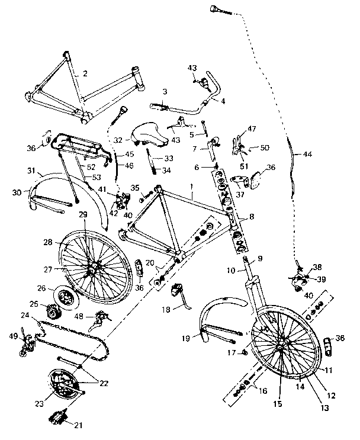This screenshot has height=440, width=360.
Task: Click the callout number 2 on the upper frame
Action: [x=85, y=74]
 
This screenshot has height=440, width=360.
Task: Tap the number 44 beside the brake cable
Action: [x=307, y=154]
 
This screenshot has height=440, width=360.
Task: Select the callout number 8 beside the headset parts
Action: [x=252, y=217]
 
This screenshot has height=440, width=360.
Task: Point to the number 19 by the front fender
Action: [x=185, y=338]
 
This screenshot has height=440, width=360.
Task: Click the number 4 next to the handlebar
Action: [x=223, y=101]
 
